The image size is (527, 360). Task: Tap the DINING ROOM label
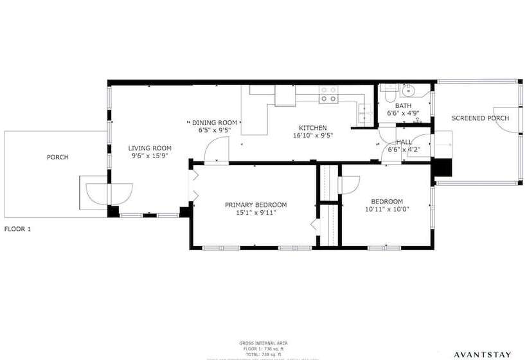coord(215,122)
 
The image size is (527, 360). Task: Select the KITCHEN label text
coord(313,128)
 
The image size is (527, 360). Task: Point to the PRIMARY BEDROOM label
coord(256,205)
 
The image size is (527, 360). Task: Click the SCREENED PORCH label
coord(480,118)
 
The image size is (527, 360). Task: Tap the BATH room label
coord(403,106)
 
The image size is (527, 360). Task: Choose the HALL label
coord(404,142)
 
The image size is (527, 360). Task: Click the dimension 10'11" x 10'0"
coord(387,209)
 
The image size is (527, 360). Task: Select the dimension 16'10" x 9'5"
coord(313,136)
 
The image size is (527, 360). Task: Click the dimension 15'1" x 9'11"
coord(256,213)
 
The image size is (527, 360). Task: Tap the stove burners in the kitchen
coord(328,94)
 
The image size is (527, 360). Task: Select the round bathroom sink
coord(407,90)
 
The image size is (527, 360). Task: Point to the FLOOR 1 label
coord(18,229)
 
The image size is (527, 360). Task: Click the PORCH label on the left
coord(57,157)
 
